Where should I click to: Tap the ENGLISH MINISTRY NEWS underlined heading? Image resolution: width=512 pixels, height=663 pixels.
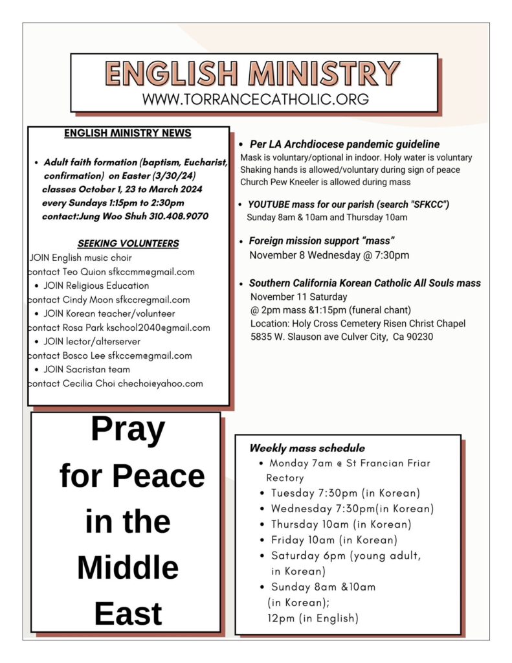[128, 133]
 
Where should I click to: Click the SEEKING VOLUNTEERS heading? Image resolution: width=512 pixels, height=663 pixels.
[128, 243]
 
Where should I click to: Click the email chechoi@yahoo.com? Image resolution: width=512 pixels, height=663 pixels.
[162, 383]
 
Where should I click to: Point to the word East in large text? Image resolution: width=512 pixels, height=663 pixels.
[128, 613]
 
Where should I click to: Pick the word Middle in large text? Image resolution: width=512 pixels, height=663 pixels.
[128, 567]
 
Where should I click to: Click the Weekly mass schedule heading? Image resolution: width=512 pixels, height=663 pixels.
[307, 448]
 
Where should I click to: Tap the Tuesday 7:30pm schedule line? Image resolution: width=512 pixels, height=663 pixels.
[346, 493]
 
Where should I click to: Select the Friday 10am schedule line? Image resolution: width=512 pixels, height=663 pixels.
[334, 539]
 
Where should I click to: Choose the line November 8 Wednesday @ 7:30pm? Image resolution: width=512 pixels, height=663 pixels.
[329, 255]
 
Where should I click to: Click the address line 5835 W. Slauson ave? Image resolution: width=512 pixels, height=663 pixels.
[342, 337]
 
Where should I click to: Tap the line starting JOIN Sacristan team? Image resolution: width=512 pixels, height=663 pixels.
[87, 369]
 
